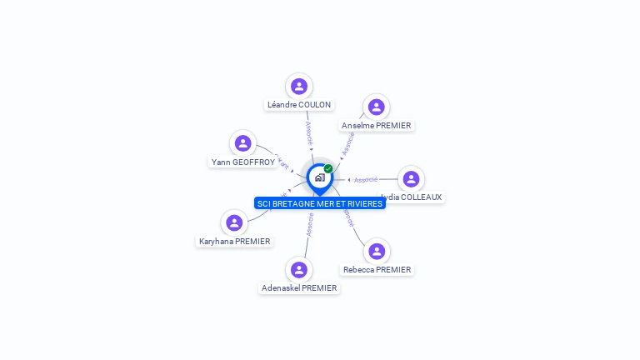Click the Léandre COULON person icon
point(299,87)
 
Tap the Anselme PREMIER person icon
point(376,107)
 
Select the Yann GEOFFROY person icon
point(242,143)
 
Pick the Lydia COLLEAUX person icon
point(411,178)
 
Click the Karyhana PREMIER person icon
point(234,222)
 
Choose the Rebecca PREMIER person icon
point(377,251)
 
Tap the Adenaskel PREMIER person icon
point(299,269)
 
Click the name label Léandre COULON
point(299,105)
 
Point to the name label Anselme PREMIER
point(377,125)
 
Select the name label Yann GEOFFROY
point(242,162)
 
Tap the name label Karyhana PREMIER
point(234,241)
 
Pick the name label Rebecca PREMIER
point(377,269)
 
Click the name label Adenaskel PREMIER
point(299,287)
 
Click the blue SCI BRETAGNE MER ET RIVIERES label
point(320,203)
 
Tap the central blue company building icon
point(319,177)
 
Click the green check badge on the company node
point(328,169)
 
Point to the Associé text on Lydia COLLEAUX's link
point(366,179)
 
